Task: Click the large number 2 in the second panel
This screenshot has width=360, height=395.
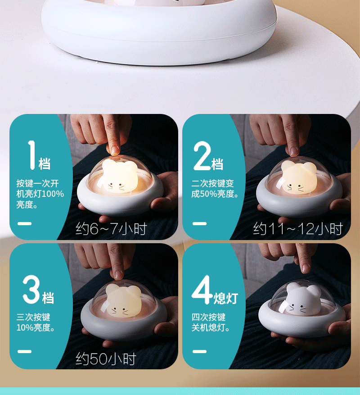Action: (202, 155)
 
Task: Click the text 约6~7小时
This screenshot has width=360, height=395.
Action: (111, 229)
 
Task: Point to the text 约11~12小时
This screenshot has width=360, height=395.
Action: (298, 229)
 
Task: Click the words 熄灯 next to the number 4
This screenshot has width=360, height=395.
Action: (225, 298)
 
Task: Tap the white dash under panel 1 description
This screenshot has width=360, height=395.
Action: (24, 223)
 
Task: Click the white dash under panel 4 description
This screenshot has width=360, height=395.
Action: (199, 351)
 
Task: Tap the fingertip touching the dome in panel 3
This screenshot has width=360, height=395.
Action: (118, 274)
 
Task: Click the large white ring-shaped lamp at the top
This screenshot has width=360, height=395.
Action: (157, 27)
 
